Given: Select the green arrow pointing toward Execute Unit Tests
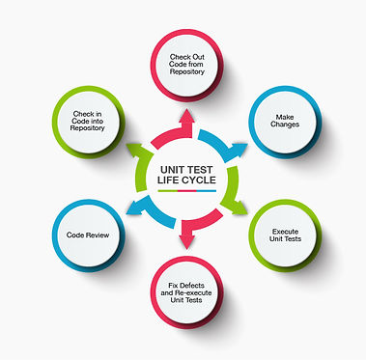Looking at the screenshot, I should (x=234, y=204).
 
